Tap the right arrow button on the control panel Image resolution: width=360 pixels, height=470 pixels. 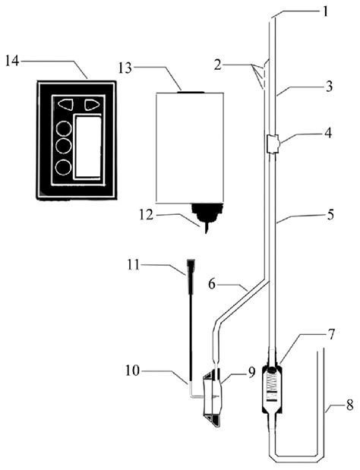[x=93, y=105]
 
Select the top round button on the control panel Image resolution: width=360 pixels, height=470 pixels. [x=65, y=125]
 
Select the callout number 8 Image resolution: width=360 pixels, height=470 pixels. [x=335, y=412]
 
